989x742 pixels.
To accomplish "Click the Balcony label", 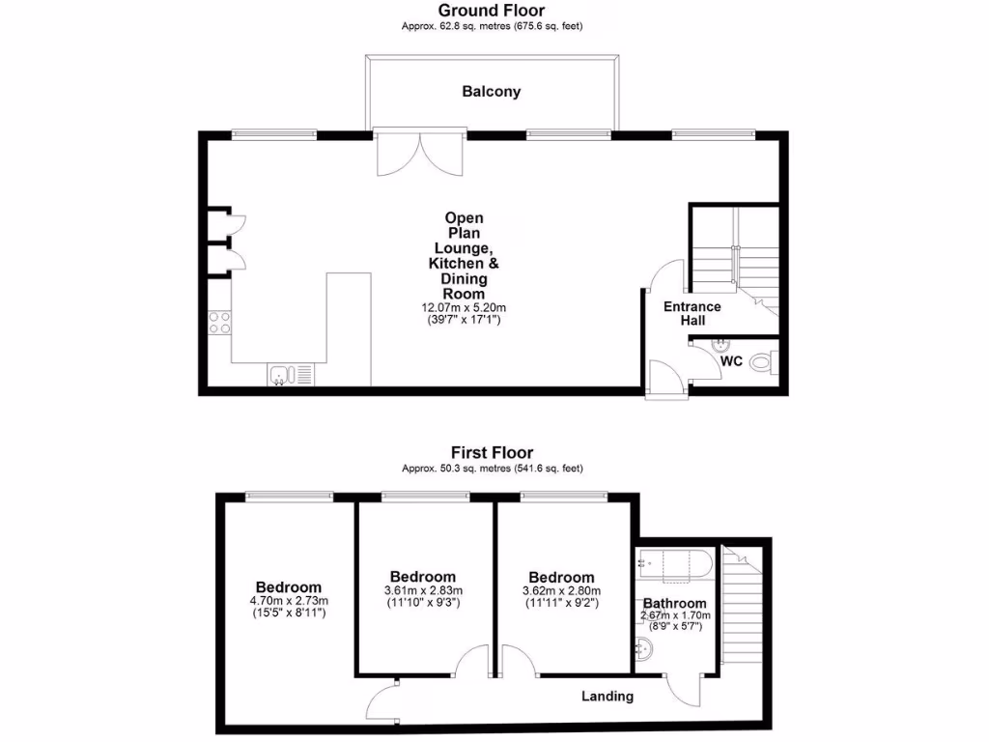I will (x=491, y=92).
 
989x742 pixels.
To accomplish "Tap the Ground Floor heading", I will (x=492, y=10).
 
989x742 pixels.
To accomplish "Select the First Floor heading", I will (x=492, y=452).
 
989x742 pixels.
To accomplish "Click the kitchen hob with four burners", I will (x=219, y=322).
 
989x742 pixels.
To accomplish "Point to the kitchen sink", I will (x=279, y=374).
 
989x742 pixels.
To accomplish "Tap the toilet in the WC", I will (x=763, y=363).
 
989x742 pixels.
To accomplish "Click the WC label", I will (x=731, y=360).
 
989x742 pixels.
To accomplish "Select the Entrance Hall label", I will (x=692, y=313).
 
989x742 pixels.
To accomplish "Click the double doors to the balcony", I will (x=420, y=154).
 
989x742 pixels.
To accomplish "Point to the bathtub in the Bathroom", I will (x=674, y=564).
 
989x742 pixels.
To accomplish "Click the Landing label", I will (x=608, y=696).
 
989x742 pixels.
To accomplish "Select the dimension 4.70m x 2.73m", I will (x=288, y=601).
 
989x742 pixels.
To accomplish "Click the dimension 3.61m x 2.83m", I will (x=422, y=591).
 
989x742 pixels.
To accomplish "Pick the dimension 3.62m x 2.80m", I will (x=560, y=591).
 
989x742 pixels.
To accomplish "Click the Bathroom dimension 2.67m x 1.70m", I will (x=675, y=615).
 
